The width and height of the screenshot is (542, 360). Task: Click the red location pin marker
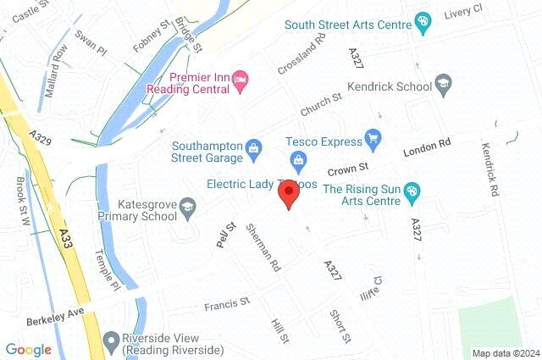289,194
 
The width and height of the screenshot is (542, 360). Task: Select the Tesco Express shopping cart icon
372,137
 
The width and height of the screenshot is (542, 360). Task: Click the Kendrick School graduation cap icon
444,84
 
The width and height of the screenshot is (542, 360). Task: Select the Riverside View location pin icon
110,341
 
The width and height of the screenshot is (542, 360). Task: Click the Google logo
28,350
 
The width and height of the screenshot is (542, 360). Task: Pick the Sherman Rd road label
263,246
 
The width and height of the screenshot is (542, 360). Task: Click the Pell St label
224,231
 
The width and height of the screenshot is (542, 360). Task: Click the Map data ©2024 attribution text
506,353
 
